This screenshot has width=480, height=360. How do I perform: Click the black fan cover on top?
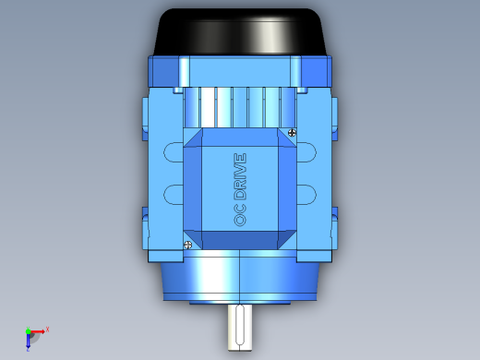[239, 31]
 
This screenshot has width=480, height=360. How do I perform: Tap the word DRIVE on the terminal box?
[240, 176]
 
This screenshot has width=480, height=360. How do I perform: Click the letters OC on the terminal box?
[240, 215]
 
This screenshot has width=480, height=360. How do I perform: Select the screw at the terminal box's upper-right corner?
[292, 133]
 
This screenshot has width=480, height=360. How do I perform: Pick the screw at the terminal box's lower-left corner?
[187, 245]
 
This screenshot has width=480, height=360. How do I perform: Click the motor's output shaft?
[240, 327]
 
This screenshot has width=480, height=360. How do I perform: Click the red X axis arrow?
[38, 331]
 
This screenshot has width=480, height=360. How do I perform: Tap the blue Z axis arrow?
[28, 341]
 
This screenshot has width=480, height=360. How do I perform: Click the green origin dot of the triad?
[28, 331]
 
